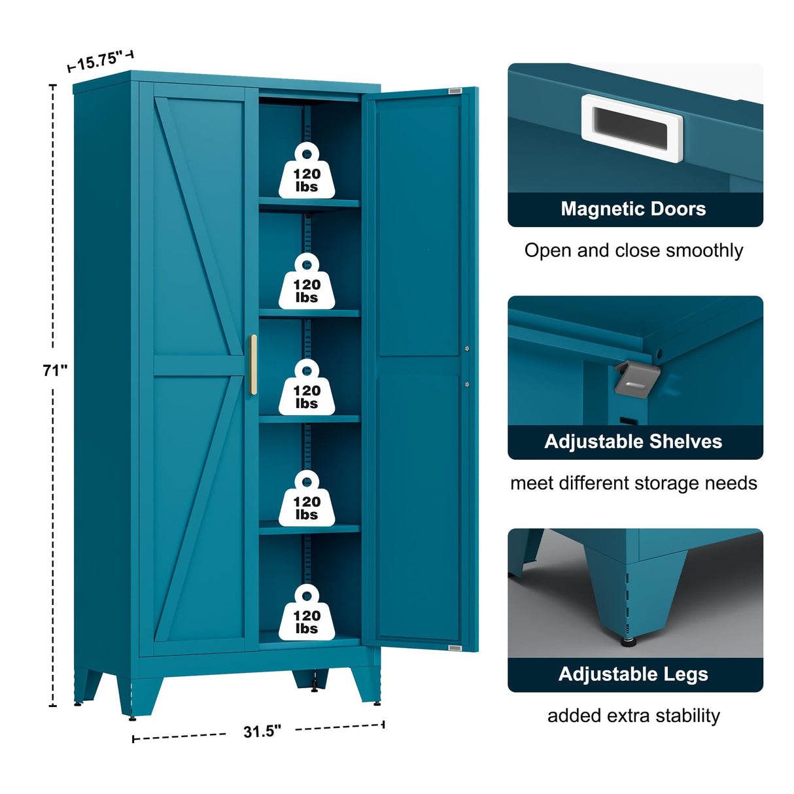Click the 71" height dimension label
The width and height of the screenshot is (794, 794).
55,370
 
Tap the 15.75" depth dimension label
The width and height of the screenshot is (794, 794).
100,61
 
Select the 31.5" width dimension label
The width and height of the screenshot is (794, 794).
262,731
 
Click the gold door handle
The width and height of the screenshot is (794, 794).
253,364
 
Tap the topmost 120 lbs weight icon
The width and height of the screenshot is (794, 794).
307,171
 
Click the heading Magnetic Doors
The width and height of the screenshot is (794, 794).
633,209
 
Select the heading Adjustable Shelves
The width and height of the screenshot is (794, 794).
633,441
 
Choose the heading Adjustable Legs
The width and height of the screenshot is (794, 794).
633,674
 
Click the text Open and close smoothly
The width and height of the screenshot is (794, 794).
633,250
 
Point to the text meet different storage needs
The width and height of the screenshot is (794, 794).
633,483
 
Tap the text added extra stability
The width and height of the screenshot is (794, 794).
633,716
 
